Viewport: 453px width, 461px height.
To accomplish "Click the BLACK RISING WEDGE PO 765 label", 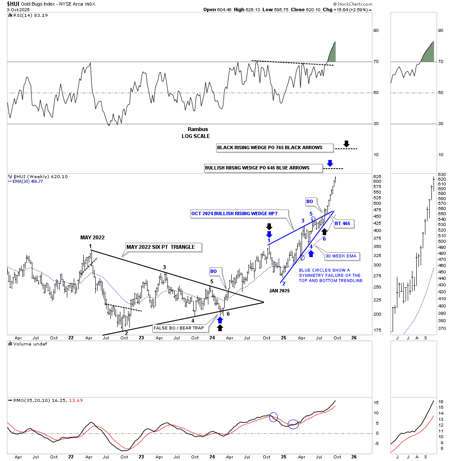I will [275, 148].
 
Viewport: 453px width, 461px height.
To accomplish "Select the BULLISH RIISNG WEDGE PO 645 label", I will [263, 168].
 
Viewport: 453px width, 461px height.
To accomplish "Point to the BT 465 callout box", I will [343, 223].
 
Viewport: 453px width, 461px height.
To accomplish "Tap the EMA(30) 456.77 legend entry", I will [26, 182].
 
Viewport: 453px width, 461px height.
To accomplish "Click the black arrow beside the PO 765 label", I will [346, 144].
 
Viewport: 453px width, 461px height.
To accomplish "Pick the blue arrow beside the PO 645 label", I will [330, 163].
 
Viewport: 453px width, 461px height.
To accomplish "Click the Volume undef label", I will [30, 344].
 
